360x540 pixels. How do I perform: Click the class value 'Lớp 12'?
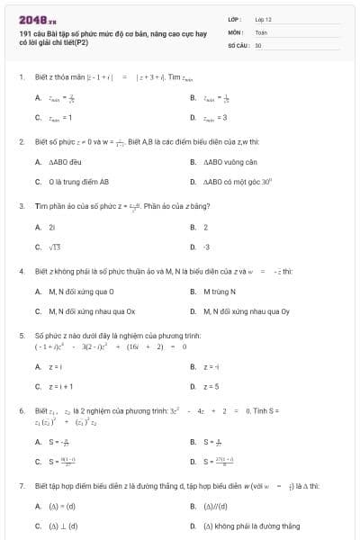click(264, 18)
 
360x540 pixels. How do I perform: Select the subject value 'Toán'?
click(261, 31)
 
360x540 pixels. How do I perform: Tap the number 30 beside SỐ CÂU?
click(258, 44)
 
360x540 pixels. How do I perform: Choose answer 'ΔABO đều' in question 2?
click(58, 163)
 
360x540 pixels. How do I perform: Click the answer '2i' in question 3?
click(52, 228)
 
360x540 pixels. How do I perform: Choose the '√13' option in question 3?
click(54, 246)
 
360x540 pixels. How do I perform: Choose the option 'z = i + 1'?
click(60, 386)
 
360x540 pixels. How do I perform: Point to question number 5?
click(21, 335)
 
